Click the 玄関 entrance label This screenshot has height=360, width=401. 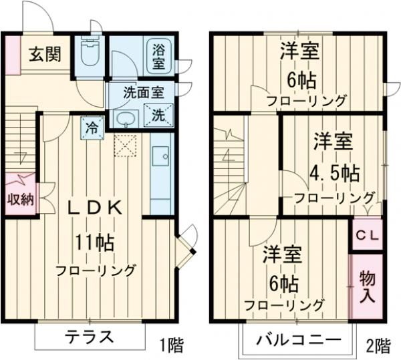coord(45,53)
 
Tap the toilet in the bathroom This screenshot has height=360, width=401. coord(90,52)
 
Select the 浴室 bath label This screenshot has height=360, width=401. coord(158,55)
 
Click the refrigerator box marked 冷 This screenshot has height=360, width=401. coord(91,126)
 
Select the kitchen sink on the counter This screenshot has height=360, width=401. coord(160,158)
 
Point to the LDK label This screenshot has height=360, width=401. coord(97,208)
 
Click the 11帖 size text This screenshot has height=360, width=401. coord(96,241)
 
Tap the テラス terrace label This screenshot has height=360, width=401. coord(90,337)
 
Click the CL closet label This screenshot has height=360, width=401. coord(366,236)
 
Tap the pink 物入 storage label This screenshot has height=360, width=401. coord(367,286)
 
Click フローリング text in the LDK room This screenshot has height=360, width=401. coord(96,271)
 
